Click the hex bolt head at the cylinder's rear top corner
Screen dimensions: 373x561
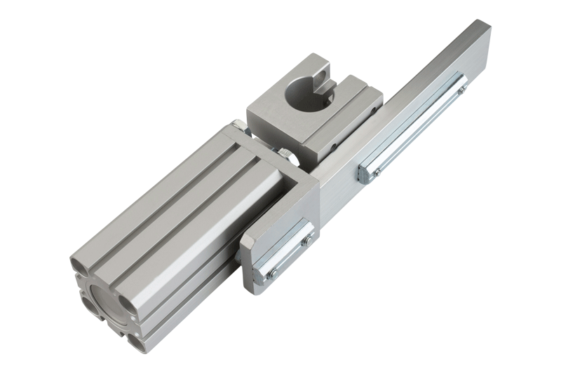pos(238,127)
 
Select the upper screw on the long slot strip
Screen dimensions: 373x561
pos(461,90)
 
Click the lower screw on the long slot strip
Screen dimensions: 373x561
pos(377,172)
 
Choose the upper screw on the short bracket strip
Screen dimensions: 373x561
pos(306,241)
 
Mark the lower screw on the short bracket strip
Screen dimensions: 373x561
pos(272,272)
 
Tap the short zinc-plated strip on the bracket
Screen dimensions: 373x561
pos(288,255)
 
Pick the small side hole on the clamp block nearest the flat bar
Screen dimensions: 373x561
pos(335,148)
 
